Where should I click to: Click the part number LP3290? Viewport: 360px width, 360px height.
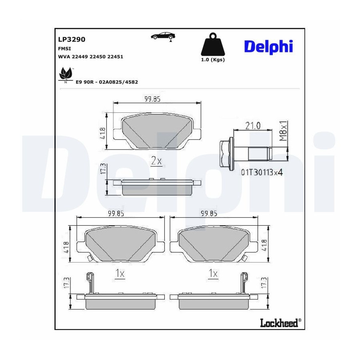click(x=72, y=39)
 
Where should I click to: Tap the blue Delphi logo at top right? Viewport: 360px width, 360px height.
click(x=268, y=47)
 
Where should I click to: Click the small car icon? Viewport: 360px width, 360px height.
click(x=163, y=36)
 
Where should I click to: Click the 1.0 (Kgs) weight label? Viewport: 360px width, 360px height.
click(x=213, y=60)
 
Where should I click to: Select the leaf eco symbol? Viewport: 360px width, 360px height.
click(x=66, y=75)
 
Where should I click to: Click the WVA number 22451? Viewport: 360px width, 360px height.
click(x=115, y=57)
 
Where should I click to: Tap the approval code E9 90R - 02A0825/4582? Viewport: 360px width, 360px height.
click(x=107, y=82)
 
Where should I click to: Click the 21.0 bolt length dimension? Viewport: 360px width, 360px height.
click(x=253, y=126)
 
